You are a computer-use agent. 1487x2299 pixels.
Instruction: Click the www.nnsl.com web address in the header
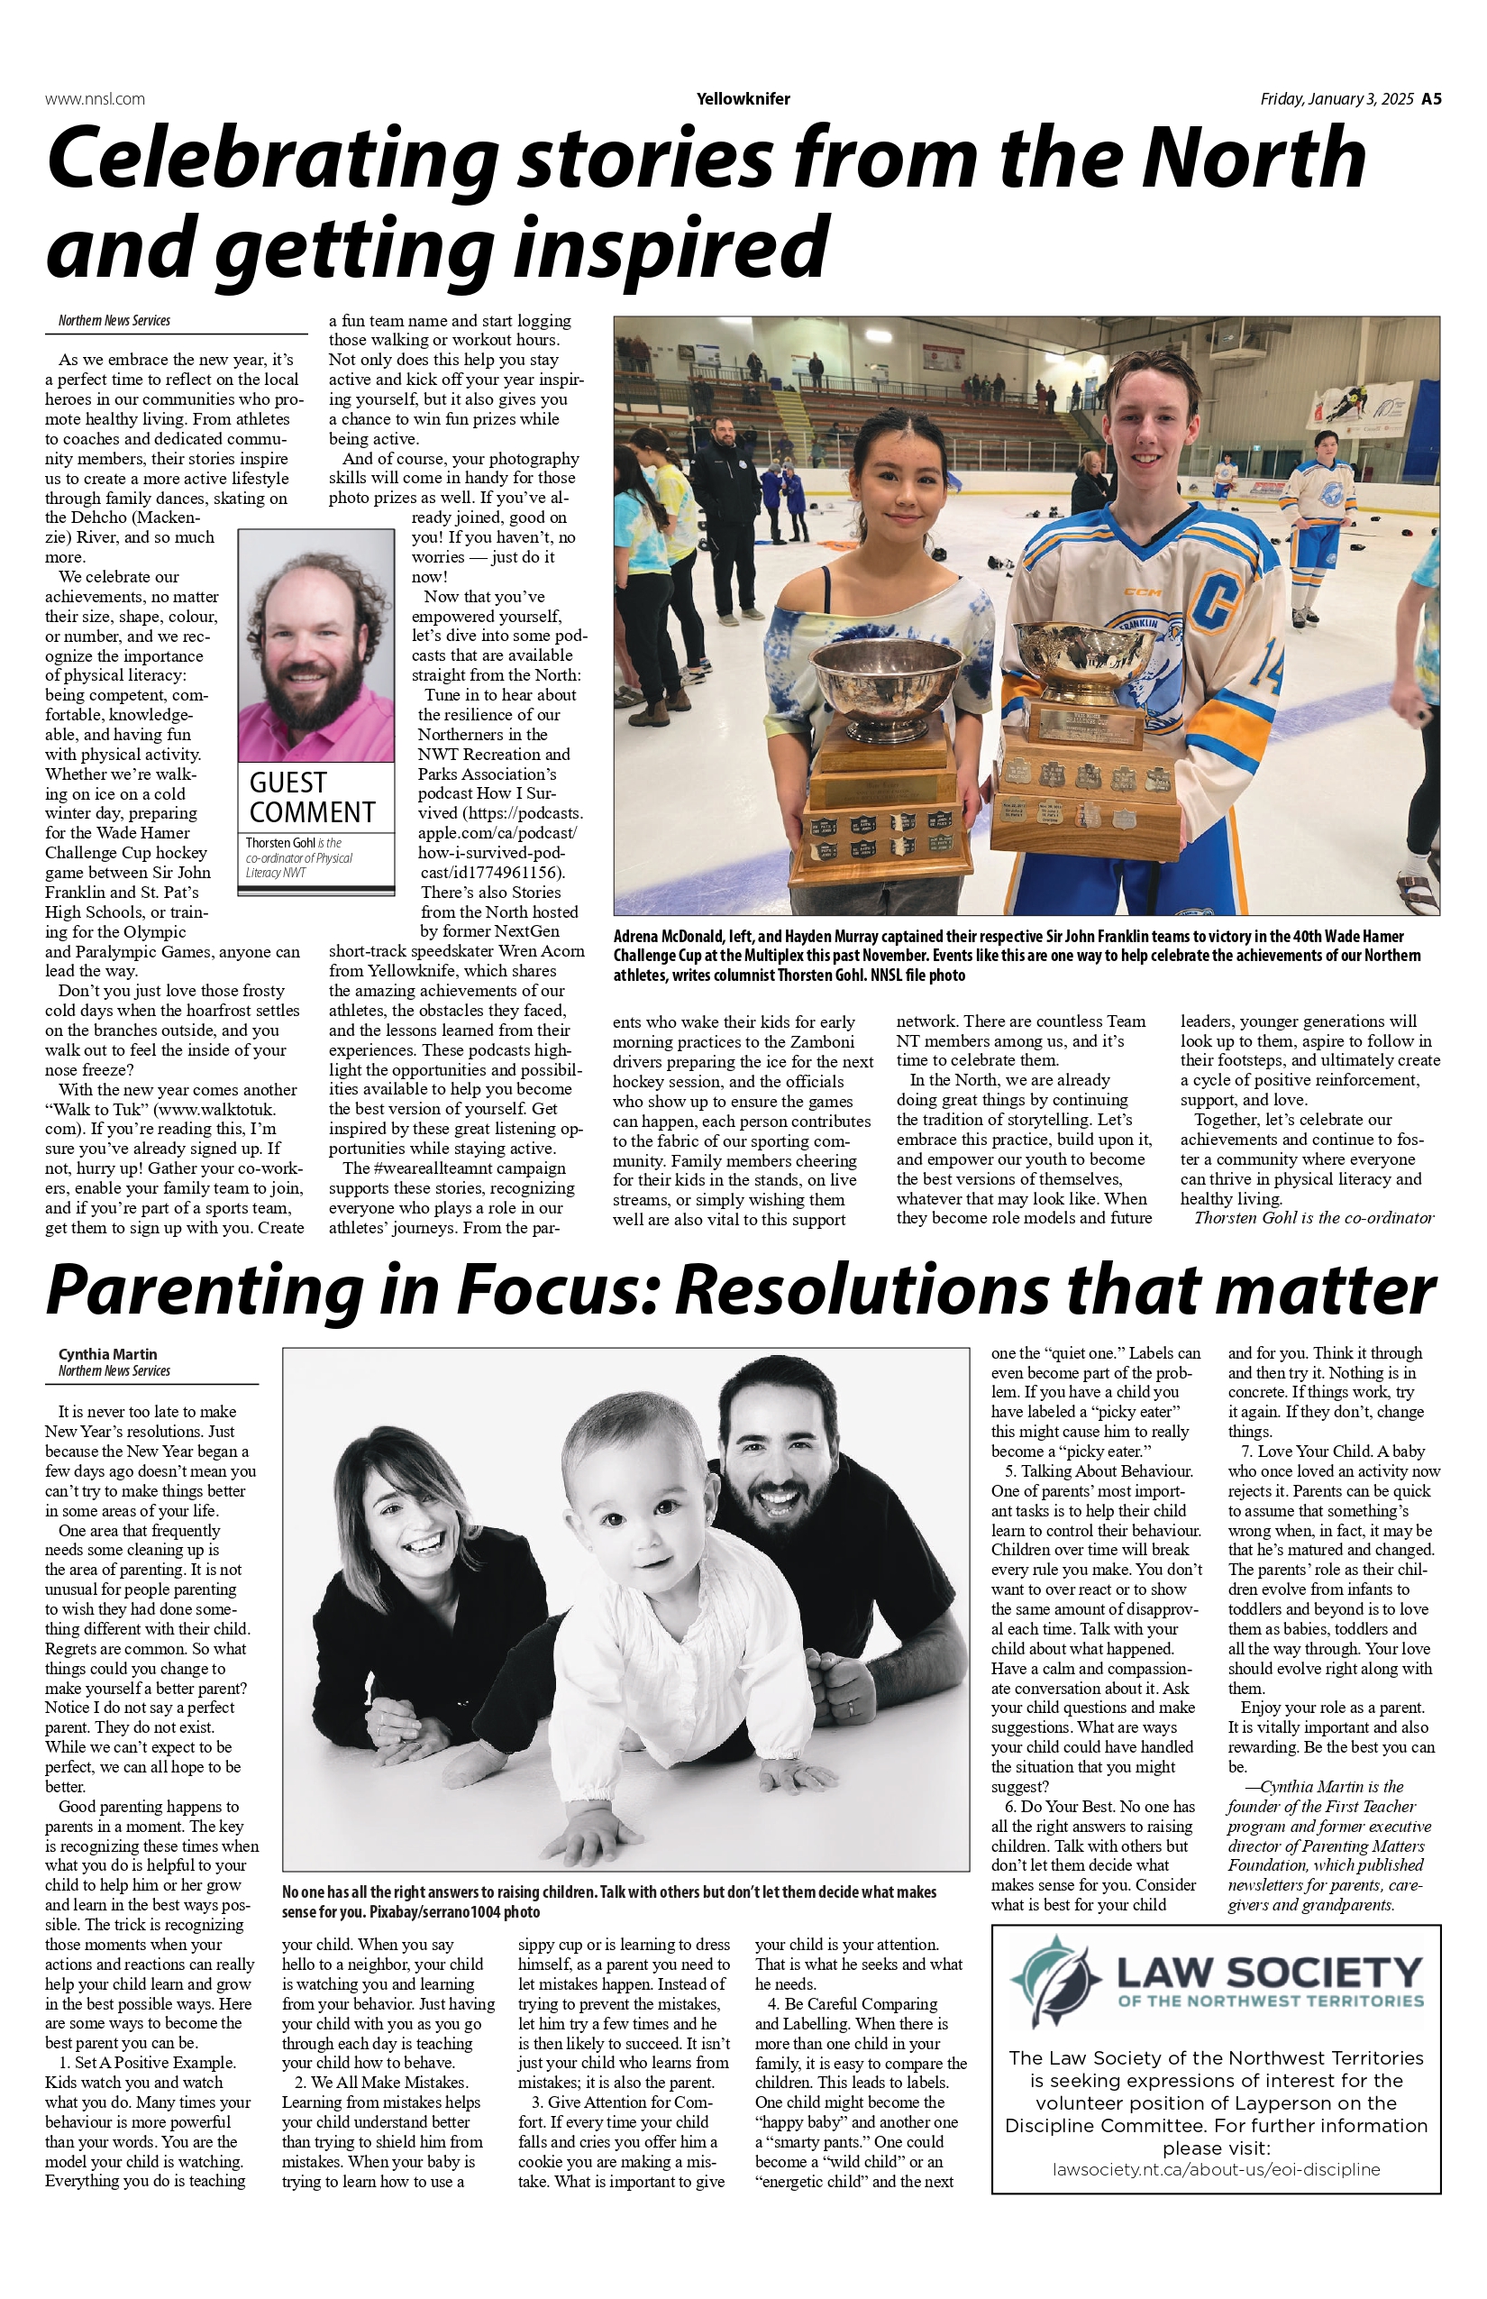pyautogui.click(x=95, y=98)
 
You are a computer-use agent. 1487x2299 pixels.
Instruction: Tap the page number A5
pyautogui.click(x=1431, y=98)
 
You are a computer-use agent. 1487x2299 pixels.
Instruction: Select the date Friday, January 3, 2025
pyautogui.click(x=1336, y=98)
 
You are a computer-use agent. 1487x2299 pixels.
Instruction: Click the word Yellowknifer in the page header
pyautogui.click(x=743, y=98)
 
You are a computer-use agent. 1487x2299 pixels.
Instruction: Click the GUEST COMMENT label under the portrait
pyautogui.click(x=312, y=797)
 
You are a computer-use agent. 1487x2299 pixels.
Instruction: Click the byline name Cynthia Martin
pyautogui.click(x=107, y=1354)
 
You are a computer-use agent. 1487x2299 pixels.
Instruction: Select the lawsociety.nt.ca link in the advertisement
pyautogui.click(x=1216, y=2169)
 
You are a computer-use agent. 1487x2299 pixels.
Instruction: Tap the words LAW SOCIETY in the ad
pyautogui.click(x=1269, y=1972)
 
